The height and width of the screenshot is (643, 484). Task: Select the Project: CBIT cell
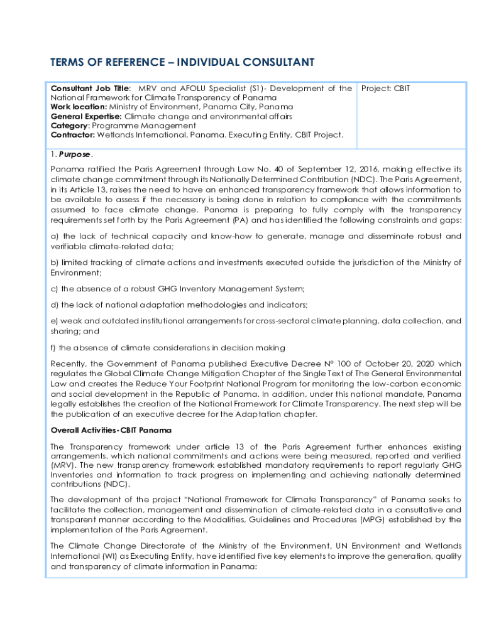pos(385,89)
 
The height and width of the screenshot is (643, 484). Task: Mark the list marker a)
pos(55,236)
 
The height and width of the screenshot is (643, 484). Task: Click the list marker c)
pos(55,288)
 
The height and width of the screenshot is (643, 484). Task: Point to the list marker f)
pos(53,347)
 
